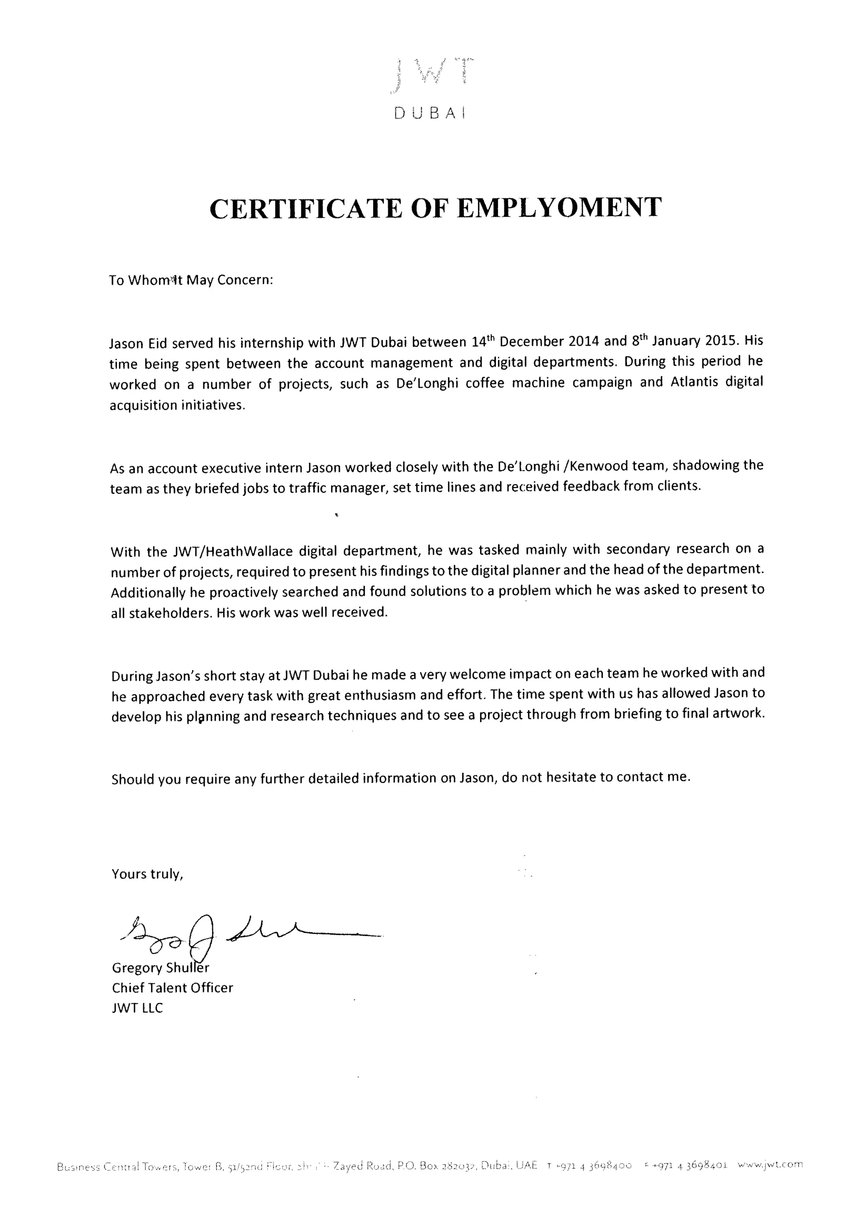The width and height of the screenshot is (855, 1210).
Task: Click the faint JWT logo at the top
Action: click(430, 73)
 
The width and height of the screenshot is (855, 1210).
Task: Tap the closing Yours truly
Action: click(147, 874)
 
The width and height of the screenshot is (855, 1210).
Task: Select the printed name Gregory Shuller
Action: click(161, 967)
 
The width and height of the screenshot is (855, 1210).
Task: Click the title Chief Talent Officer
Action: click(172, 987)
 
